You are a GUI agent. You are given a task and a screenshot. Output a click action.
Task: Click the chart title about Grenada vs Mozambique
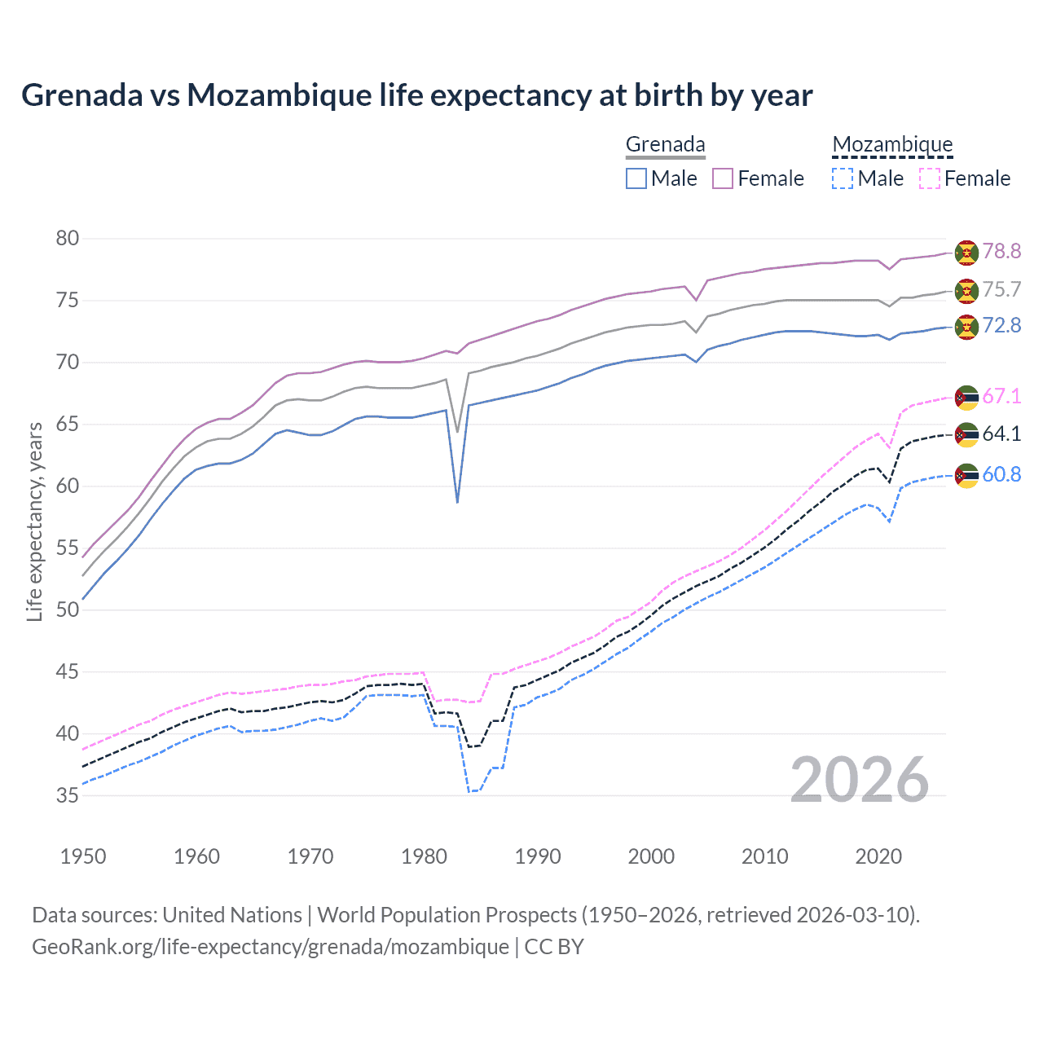pos(416,95)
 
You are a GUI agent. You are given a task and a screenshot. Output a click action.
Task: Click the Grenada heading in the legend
pos(665,144)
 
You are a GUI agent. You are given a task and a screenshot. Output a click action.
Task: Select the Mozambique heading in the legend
pos(892,144)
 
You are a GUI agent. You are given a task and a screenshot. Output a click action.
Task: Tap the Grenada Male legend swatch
pos(636,178)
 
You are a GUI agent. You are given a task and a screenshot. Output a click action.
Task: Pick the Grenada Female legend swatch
pos(723,178)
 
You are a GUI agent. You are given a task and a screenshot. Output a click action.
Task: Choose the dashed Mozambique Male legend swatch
pos(843,178)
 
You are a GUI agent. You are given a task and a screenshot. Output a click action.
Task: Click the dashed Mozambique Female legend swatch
pos(930,178)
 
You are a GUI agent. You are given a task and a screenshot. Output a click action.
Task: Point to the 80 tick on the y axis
pos(68,239)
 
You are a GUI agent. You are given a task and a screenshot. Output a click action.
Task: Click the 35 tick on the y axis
pos(68,795)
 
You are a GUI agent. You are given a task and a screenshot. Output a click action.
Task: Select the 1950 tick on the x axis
pos(83,856)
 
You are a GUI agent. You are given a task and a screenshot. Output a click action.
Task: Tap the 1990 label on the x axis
pos(538,856)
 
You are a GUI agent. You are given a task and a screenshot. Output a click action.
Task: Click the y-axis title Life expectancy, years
pos(34,521)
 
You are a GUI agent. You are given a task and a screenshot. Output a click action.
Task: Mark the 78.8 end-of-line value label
pos(1001,251)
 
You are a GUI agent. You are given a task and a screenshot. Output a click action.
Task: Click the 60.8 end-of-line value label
pos(1001,474)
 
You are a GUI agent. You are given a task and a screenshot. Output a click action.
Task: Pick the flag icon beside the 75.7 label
pos(966,290)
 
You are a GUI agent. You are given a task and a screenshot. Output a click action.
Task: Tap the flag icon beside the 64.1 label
pos(966,434)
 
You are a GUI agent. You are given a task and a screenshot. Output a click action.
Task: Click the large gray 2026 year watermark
pos(860,780)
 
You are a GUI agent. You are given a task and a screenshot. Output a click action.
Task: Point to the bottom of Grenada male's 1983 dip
pos(457,502)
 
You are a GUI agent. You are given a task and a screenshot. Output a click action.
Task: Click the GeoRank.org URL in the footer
pos(271,947)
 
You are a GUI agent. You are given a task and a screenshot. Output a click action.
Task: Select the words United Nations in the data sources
pos(232,915)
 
